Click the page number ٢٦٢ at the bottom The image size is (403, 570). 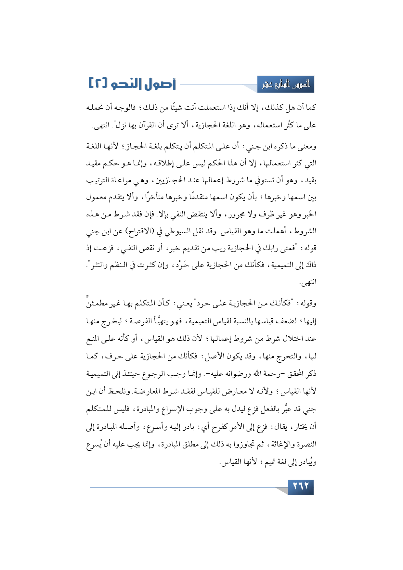[x=301, y=487]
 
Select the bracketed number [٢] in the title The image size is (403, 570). [x=97, y=84]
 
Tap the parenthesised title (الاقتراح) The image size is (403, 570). [x=141, y=231]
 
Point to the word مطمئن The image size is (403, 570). [x=97, y=304]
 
